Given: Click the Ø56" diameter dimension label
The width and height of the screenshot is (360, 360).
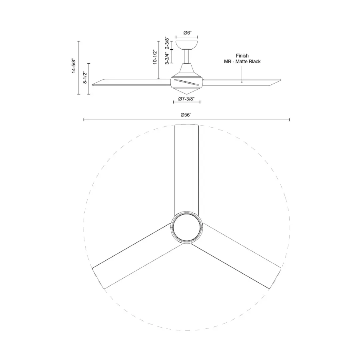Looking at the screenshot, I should [x=186, y=115].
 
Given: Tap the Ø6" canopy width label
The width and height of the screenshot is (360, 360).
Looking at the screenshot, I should [x=186, y=33].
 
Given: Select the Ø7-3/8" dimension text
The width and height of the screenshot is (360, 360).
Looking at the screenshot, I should [x=186, y=98].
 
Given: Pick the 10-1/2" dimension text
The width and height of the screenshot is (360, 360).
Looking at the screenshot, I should [x=154, y=58].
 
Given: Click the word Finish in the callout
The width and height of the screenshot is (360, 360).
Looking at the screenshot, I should [x=242, y=56].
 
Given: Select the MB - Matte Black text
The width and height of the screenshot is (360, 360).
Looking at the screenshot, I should [x=242, y=62].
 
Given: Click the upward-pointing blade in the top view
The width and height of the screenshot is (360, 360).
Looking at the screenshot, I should [x=187, y=168].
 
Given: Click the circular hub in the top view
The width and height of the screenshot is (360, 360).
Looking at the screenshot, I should [x=187, y=228].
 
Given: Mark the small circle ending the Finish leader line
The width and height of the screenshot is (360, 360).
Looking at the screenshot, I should [x=242, y=82].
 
